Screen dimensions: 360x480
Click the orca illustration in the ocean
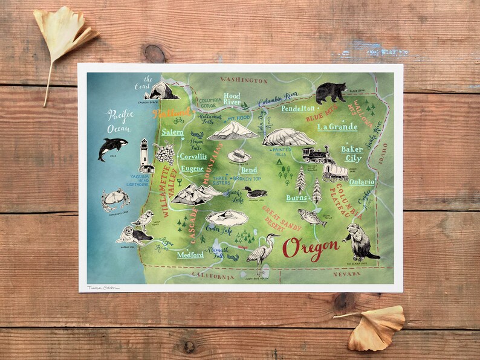coord(112,148)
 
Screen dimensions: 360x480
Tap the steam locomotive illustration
coord(315,155)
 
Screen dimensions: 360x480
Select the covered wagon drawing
coord(335,172)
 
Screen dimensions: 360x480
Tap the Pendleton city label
coord(299,108)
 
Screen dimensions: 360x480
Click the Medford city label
coord(190,255)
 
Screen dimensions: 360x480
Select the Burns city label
coord(297,198)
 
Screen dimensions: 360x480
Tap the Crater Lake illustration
coord(226,218)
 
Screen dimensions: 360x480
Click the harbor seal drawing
coord(132,234)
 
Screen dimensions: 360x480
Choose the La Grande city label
coord(337,127)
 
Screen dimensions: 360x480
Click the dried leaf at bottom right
coord(376,326)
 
